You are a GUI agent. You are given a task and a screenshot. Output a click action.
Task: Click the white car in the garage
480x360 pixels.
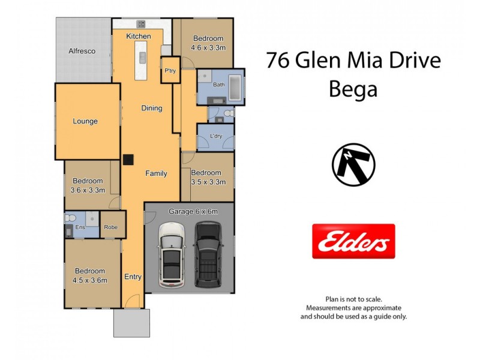170,255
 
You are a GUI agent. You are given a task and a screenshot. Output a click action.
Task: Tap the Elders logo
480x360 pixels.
353,241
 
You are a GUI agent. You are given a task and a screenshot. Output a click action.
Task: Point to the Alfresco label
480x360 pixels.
82,52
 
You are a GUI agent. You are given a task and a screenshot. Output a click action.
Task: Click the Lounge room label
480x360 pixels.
85,121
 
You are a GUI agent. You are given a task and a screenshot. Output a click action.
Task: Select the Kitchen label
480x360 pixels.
138,37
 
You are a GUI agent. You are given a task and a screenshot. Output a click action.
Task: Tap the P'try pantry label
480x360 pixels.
170,72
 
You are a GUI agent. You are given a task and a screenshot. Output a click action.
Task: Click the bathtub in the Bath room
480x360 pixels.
235,84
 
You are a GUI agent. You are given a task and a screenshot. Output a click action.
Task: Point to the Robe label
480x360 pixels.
111,227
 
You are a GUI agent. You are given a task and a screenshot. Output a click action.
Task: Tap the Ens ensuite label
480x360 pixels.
80,227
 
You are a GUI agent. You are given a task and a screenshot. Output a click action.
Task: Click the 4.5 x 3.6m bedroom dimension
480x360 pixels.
89,280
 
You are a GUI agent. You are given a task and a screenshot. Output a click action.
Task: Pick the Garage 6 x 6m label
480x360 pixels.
193,211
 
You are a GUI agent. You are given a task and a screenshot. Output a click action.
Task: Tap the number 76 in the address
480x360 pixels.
279,61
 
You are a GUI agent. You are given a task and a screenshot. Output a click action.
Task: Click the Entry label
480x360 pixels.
133,277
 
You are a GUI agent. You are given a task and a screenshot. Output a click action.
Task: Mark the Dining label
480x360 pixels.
152,109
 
